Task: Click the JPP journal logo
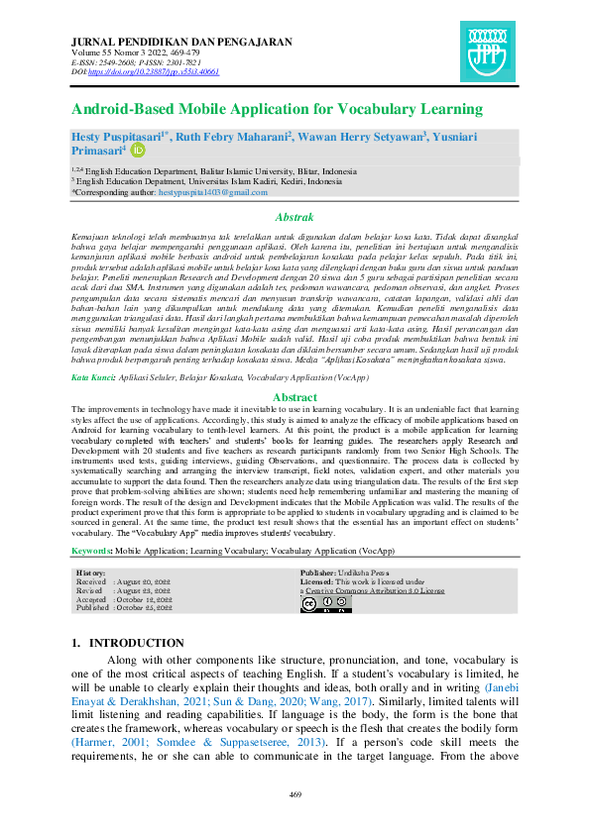488,51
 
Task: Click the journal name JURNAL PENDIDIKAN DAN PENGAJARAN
182,42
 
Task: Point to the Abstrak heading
295,217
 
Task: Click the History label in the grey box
91,573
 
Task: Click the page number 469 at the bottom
295,795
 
